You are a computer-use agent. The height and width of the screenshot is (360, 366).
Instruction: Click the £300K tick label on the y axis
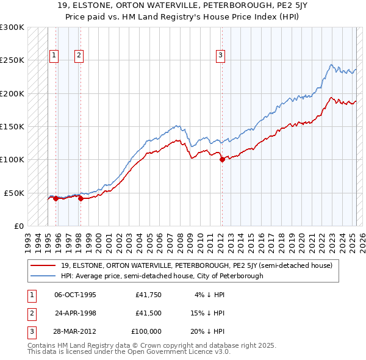(x=12, y=27)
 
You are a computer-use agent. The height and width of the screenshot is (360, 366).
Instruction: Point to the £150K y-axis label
(x=12, y=126)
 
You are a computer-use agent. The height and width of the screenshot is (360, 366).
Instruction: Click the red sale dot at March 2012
(x=221, y=160)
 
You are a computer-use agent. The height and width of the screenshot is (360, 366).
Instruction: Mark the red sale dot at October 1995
(x=56, y=198)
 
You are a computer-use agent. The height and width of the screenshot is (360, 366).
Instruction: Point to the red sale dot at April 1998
(x=81, y=198)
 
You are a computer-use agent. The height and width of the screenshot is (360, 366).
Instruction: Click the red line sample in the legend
(x=45, y=265)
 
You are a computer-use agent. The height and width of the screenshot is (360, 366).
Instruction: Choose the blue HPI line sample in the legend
(x=45, y=276)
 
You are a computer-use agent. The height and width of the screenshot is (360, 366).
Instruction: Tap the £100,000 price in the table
(x=147, y=331)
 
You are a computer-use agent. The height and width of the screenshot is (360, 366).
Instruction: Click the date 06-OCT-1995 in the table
(x=76, y=295)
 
